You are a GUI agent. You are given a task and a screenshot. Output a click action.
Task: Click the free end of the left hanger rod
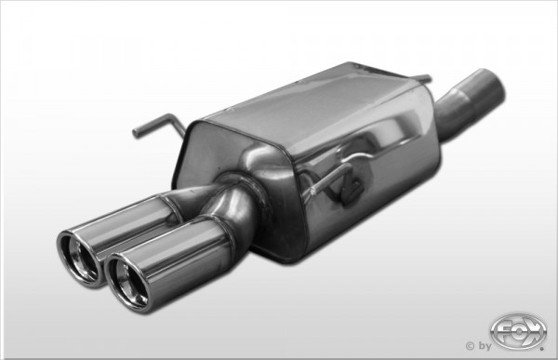point(135,133)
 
